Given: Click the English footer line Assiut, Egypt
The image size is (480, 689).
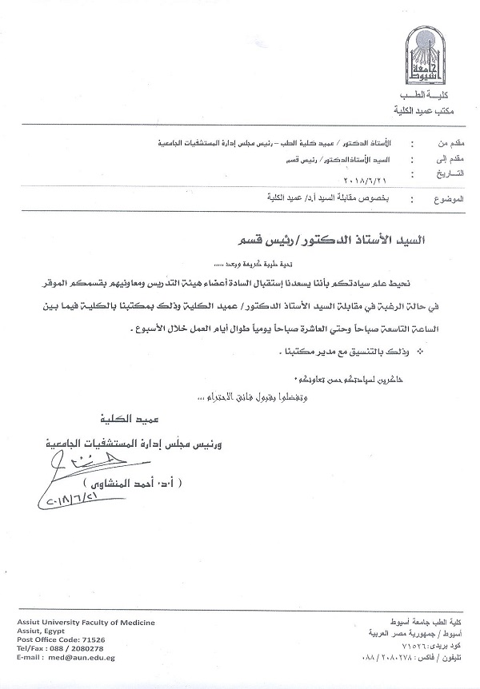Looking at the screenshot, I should tap(38, 631).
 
